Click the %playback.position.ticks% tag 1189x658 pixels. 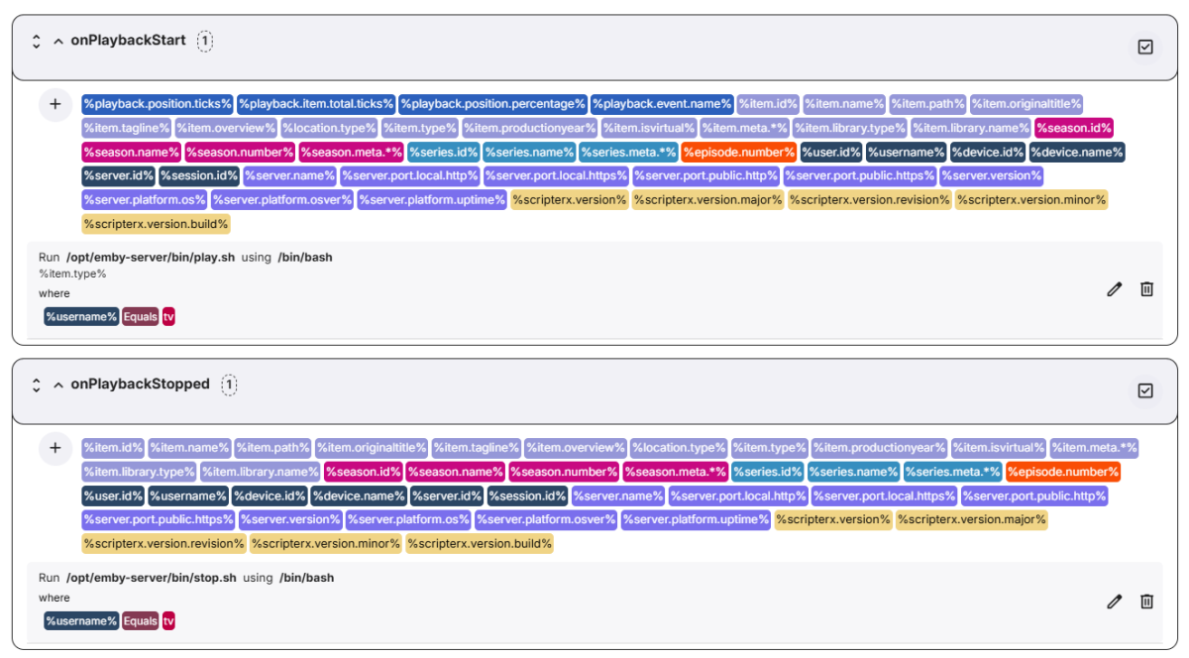[x=158, y=104]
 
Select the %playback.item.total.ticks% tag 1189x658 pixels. [x=316, y=104]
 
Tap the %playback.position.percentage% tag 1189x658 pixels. [x=492, y=104]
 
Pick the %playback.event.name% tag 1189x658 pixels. [x=662, y=104]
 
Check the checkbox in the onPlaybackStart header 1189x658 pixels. [x=1145, y=47]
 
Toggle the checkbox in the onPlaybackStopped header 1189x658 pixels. [x=1145, y=390]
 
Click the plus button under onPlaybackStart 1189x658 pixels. [x=54, y=104]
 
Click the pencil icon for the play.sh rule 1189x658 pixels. [x=1115, y=288]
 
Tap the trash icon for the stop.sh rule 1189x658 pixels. [x=1146, y=601]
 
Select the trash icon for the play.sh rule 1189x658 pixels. [x=1146, y=288]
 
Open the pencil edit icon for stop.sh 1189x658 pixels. [x=1115, y=601]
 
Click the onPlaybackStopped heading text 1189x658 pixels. [x=140, y=384]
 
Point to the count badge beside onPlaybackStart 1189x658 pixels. [x=204, y=41]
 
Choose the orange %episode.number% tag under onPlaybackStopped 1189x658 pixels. [x=1063, y=472]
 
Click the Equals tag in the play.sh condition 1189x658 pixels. [x=141, y=317]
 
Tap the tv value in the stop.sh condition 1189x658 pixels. [x=168, y=621]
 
